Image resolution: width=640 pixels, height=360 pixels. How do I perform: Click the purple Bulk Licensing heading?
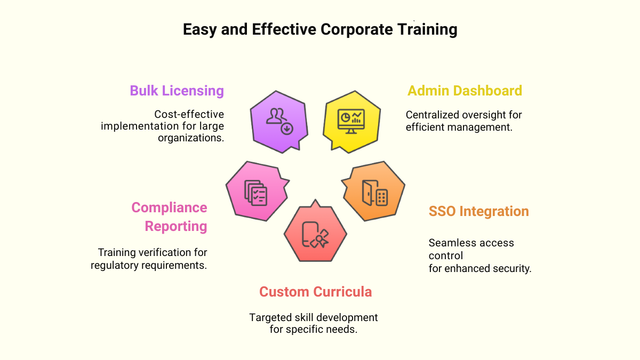(177, 91)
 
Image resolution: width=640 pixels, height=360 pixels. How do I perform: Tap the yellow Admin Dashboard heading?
(465, 91)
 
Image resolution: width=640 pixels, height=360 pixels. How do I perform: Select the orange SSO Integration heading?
(478, 211)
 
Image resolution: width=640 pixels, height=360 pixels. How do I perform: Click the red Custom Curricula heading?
(315, 292)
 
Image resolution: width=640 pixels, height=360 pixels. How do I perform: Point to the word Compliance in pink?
(169, 207)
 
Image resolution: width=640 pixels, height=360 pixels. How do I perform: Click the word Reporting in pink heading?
(176, 226)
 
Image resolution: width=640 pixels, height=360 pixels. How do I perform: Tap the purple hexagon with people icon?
(279, 121)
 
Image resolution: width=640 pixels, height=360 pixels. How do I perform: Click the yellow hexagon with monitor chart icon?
(351, 121)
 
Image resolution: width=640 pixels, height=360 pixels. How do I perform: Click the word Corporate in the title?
(354, 29)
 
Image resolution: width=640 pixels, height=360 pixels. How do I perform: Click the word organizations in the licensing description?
(190, 138)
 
